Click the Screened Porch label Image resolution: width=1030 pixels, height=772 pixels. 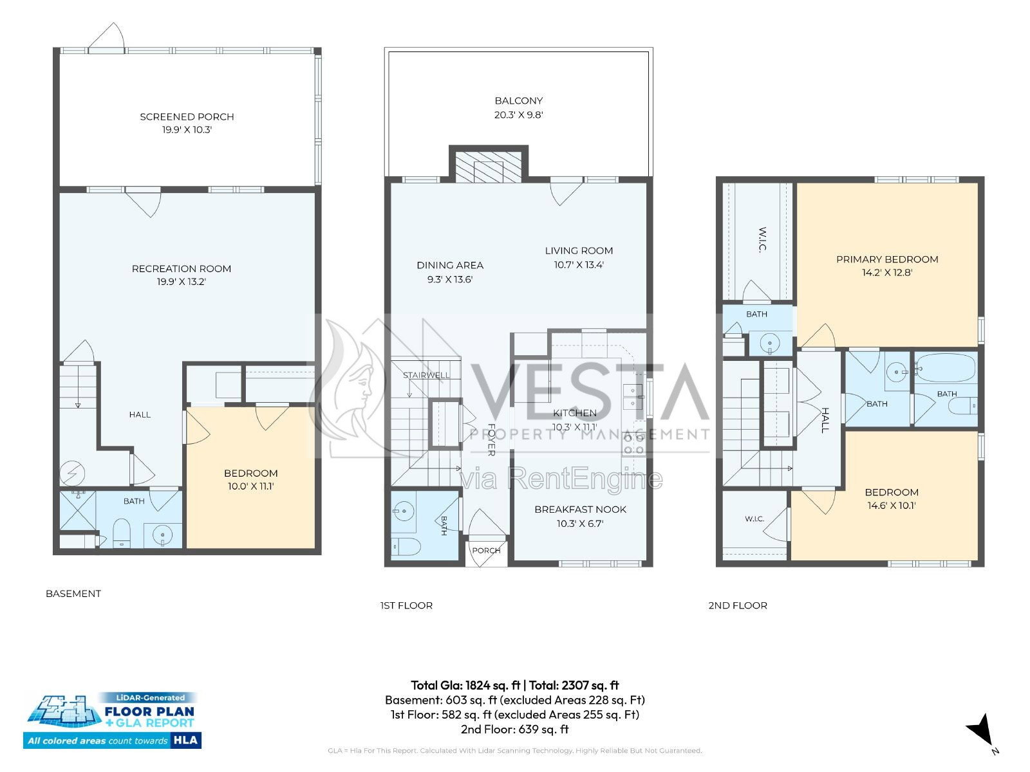coord(187,116)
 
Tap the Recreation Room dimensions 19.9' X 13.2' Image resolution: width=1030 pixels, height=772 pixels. coord(181,282)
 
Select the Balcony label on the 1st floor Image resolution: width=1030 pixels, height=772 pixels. coord(518,101)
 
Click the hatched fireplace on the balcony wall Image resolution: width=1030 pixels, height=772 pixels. coord(489,167)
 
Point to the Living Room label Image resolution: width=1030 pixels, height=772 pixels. coord(579,251)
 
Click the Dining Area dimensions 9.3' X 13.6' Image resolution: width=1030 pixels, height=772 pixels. coord(449,279)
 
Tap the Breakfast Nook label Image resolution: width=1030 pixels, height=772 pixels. coord(581,510)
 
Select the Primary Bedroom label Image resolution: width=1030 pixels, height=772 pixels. coord(887,259)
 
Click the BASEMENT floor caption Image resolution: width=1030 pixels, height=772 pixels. coord(73,593)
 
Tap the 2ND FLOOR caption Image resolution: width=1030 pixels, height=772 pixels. coord(738,605)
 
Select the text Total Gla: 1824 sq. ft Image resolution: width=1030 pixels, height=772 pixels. coord(465,685)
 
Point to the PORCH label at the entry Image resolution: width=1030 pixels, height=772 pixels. coord(486,550)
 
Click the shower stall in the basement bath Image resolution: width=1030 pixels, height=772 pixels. coord(78,510)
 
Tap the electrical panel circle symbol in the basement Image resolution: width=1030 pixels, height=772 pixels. coord(72,473)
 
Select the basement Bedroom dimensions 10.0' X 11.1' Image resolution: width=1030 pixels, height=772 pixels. coord(250,486)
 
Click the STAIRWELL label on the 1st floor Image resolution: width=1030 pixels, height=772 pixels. coord(426,376)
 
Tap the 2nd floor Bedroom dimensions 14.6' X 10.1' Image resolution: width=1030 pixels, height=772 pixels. coord(892,506)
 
